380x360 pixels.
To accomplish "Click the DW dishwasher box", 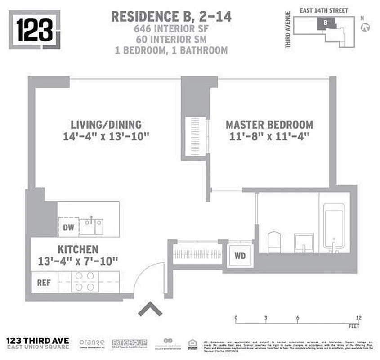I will [x=68, y=227].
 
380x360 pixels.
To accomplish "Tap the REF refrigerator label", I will [x=44, y=283].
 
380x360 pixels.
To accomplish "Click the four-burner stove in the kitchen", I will [x=84, y=282].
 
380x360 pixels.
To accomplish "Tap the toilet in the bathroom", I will [x=274, y=242].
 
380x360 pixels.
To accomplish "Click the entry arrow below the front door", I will [x=150, y=309].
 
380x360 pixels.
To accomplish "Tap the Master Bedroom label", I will [x=269, y=125].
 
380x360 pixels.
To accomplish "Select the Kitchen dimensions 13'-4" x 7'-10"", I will [x=78, y=261].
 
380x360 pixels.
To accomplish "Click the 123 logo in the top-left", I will [x=36, y=29].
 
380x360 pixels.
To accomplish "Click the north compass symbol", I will [x=366, y=27].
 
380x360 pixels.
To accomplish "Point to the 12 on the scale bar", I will [x=358, y=318].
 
